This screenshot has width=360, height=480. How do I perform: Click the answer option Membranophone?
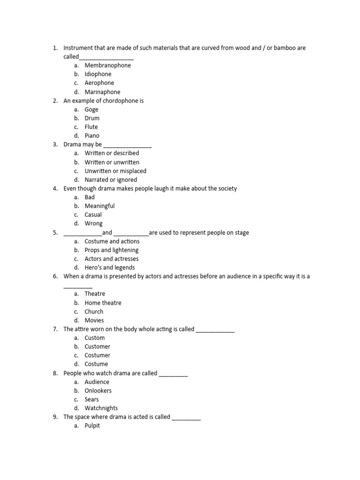107,65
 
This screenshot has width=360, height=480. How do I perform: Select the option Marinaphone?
102,92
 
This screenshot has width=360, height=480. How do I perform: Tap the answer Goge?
91,109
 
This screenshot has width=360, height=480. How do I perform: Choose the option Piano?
92,135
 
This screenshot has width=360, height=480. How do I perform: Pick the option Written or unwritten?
112,162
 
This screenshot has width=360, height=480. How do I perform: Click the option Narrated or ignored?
111,180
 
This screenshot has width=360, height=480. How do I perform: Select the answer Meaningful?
99,206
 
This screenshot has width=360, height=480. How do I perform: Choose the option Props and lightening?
112,250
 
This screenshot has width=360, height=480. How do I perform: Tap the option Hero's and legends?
109,268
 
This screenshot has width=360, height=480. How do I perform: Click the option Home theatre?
103,303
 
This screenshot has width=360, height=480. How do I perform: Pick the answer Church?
94,311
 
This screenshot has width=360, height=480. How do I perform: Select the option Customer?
97,346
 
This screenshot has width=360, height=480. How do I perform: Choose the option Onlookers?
98,390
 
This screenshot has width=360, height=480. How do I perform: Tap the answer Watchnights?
101,408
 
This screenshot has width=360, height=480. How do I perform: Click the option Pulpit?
92,426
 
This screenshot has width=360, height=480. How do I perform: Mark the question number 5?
55,232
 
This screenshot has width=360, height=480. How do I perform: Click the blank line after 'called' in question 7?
215,330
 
